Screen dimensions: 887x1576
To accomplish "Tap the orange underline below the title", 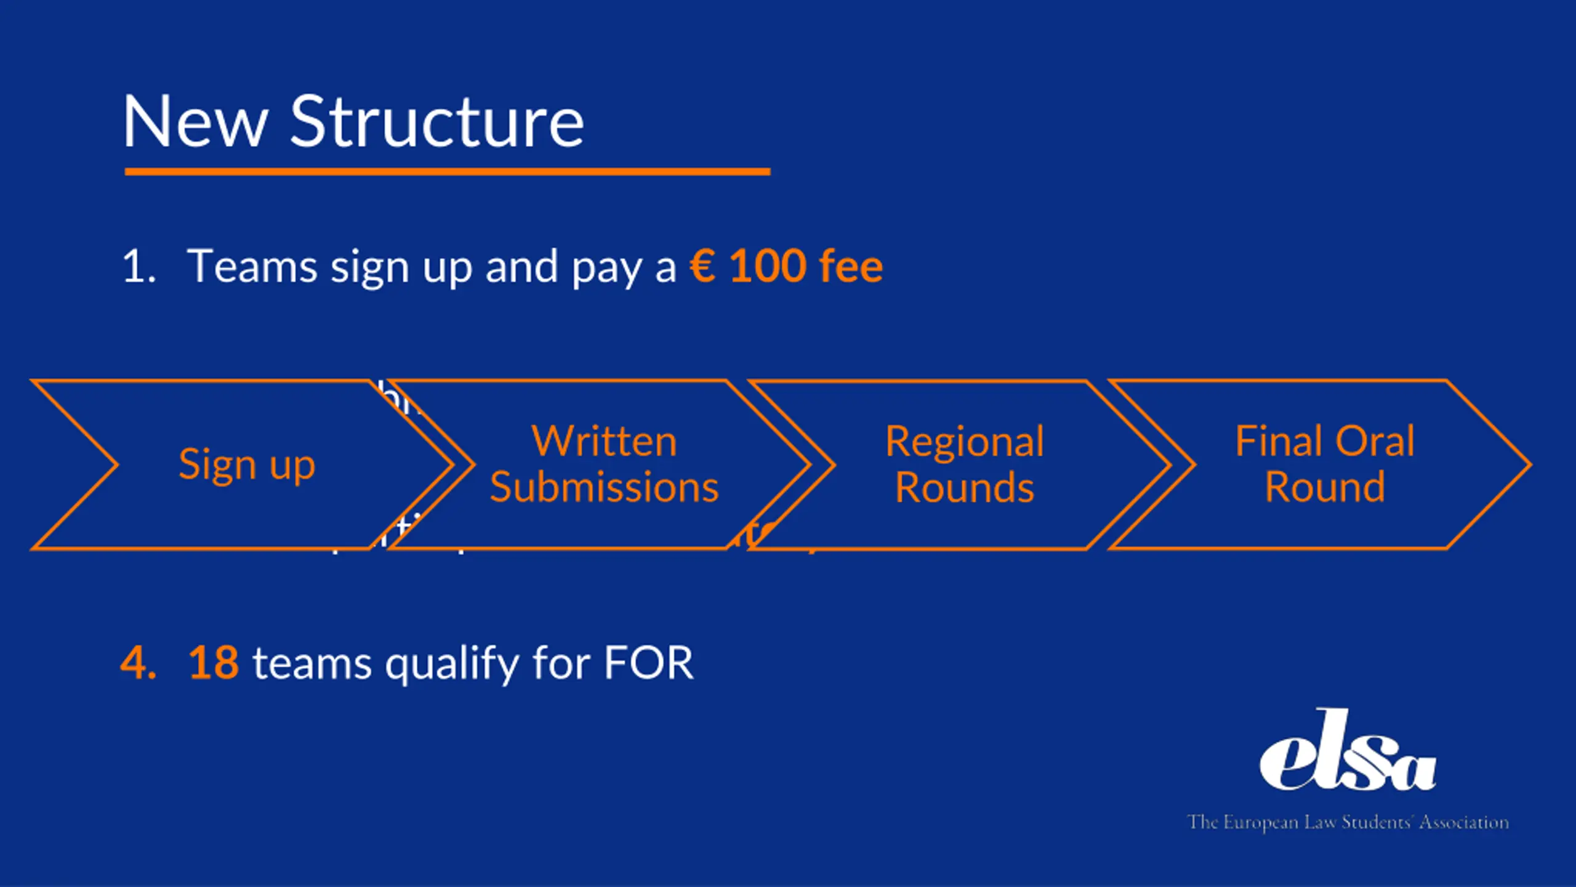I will pos(447,172).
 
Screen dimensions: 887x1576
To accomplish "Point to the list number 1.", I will pos(139,267).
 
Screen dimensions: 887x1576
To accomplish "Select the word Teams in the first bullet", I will pos(252,267).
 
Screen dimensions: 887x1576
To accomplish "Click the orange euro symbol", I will pos(702,267).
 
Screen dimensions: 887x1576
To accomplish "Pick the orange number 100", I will pos(767,267).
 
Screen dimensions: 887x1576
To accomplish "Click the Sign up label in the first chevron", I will pos(247,465).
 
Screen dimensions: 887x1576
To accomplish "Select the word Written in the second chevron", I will pos(604,442).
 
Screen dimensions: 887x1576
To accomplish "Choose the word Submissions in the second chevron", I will pos(604,487).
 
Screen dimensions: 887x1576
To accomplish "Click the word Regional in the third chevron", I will pos(965,442).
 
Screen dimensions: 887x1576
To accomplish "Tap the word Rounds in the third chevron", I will pos(965,487).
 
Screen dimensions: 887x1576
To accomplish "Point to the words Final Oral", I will pos(1325,442).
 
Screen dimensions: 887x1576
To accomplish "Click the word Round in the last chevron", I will pos(1325,487).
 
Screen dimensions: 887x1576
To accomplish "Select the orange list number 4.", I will pos(138,663).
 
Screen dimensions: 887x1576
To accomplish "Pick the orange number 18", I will pos(214,663).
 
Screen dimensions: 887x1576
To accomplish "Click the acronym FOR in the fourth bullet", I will pos(648,663).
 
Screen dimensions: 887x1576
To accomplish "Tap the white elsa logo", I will pos(1348,753).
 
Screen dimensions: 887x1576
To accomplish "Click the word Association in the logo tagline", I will pos(1464,822).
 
